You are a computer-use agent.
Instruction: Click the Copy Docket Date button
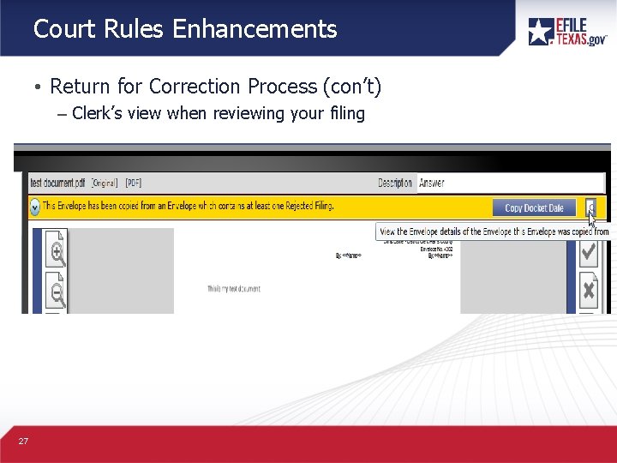(534, 207)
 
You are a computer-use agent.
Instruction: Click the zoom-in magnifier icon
(57, 252)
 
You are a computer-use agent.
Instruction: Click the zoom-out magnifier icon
(57, 293)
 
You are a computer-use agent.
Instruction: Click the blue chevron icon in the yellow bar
(34, 207)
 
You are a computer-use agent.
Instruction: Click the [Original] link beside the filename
(105, 183)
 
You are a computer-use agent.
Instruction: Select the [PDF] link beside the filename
(134, 183)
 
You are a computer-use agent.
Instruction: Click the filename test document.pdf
(57, 183)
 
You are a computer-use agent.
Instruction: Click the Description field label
(395, 183)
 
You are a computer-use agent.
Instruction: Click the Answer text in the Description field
(431, 183)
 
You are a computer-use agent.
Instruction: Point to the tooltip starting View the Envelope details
(493, 231)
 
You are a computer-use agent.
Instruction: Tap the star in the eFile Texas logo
(541, 32)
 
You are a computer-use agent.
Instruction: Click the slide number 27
(23, 441)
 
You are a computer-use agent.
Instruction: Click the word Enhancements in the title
(255, 29)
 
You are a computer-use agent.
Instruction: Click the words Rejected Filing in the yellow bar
(303, 207)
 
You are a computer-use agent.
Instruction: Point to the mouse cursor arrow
(591, 218)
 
